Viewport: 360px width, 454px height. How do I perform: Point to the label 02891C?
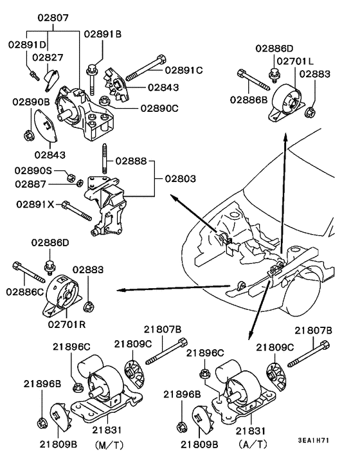pyautogui.click(x=184, y=70)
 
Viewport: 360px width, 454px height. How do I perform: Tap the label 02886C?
pyautogui.click(x=26, y=291)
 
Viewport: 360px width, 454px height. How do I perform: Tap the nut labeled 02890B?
pyautogui.click(x=28, y=134)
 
